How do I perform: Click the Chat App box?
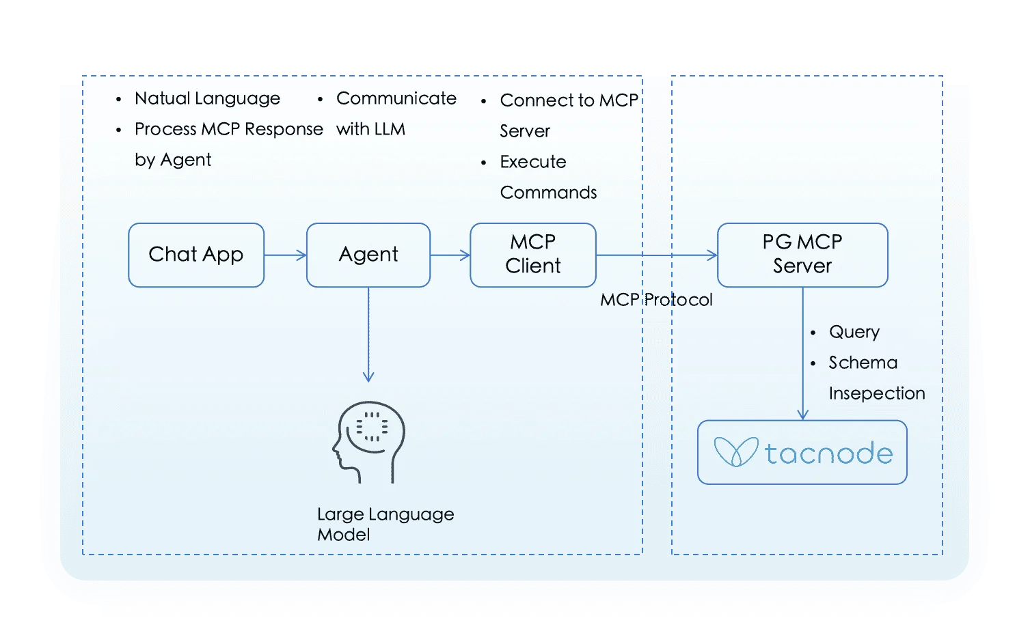coord(196,255)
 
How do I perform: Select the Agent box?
coord(368,255)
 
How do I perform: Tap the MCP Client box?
coord(532,255)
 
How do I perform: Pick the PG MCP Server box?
coord(802,255)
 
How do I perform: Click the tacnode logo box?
coord(802,452)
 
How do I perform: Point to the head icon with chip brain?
coord(369,442)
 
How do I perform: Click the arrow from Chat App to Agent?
coord(285,255)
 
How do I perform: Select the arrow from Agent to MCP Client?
coord(450,255)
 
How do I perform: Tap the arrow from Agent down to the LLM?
coord(368,335)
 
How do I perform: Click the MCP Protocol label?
coord(656,300)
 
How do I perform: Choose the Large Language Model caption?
coord(385,524)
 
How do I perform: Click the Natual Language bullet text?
coord(207,98)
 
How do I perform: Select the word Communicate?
coord(396,98)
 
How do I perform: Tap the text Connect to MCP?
coord(569,100)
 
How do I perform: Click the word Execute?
coord(533,162)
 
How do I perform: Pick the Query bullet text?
coord(854,332)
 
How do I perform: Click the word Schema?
coord(863,363)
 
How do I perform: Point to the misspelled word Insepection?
coord(877,393)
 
